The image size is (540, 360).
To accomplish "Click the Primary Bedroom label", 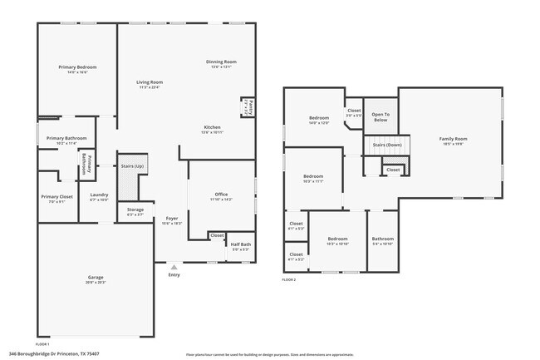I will pyautogui.click(x=77, y=67).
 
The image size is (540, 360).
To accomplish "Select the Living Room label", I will pyautogui.click(x=150, y=82).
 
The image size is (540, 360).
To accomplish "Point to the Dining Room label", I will pyautogui.click(x=222, y=62).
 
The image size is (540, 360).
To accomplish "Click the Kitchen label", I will pyautogui.click(x=212, y=126).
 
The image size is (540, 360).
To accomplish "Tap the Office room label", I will pyautogui.click(x=221, y=196).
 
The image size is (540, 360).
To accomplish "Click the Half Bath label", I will pyautogui.click(x=241, y=244).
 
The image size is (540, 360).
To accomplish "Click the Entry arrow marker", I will pyautogui.click(x=174, y=267).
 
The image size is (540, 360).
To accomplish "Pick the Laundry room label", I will pyautogui.click(x=99, y=196).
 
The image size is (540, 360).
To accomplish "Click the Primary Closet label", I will pyautogui.click(x=56, y=197).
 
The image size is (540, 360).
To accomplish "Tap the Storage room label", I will pyautogui.click(x=135, y=210).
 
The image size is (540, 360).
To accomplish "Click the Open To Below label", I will pyautogui.click(x=380, y=117).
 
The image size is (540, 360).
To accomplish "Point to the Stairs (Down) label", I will pyautogui.click(x=387, y=145).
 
